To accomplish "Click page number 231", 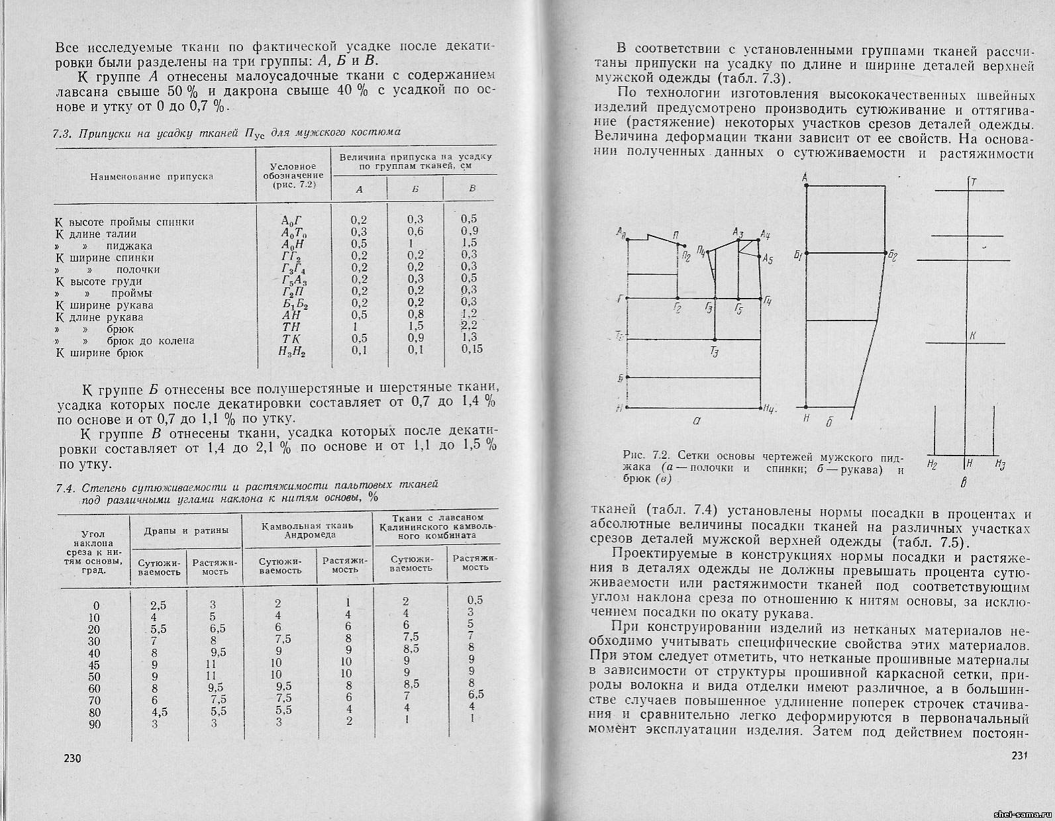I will point(1015,756).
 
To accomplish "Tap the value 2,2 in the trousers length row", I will point(470,326).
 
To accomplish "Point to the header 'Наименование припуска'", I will point(152,177).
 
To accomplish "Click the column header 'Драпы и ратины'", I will point(187,530).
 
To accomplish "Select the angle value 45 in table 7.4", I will point(94,664).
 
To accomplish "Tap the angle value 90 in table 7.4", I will point(94,724).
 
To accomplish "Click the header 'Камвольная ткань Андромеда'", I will point(307,530).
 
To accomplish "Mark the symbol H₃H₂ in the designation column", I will point(292,352).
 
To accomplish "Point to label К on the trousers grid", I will point(972,336).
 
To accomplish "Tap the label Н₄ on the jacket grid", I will point(769,409).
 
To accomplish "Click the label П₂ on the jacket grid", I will point(685,258).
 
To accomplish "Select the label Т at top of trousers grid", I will point(974,181).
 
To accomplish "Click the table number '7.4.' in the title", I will point(64,488).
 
